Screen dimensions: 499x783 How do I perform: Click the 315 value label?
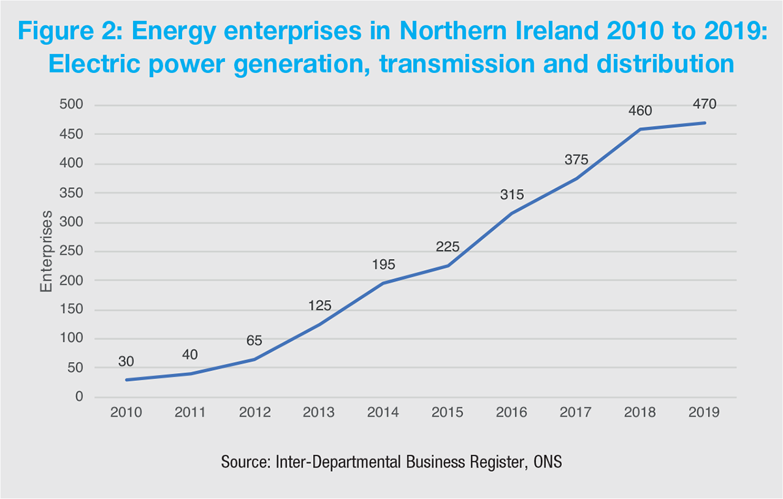[x=512, y=194]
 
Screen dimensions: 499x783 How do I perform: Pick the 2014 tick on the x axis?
[x=383, y=412]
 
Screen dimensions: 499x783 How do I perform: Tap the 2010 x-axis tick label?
[x=126, y=412]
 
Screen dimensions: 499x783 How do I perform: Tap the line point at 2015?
[x=448, y=265]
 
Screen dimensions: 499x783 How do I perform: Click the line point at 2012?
[x=254, y=359]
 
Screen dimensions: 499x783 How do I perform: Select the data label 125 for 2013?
[x=319, y=305]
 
